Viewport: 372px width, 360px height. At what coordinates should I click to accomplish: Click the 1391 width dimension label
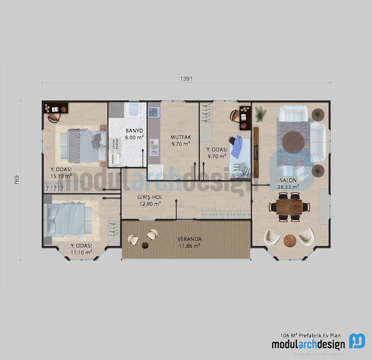186,79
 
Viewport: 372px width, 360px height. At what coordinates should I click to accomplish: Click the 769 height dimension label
17,180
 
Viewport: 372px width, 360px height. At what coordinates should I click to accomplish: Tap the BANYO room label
134,131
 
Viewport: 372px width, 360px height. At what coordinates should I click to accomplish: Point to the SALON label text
288,180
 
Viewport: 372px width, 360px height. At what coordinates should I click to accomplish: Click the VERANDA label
189,239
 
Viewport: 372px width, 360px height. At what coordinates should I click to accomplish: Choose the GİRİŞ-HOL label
150,197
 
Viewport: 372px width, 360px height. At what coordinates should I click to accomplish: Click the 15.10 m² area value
61,176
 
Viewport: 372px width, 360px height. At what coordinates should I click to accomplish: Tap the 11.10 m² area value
81,252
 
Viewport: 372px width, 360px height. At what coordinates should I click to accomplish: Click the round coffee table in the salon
293,142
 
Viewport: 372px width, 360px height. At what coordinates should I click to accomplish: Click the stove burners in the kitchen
153,112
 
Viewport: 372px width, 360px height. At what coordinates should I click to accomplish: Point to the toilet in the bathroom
133,110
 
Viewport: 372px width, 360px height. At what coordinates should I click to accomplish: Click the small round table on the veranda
145,245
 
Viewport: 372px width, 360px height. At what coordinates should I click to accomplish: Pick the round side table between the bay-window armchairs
290,241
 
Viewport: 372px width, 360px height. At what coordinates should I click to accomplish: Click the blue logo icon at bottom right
357,341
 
